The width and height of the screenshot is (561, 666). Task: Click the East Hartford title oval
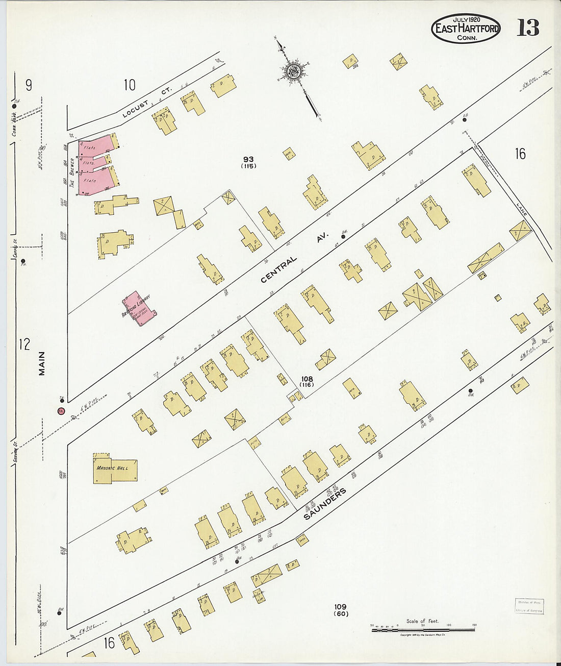(x=466, y=29)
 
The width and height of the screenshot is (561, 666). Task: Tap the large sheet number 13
(x=527, y=28)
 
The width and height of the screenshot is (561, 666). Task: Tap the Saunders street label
(x=325, y=503)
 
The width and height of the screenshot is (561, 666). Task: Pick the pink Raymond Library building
(x=138, y=308)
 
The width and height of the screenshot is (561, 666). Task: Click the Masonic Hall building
(x=114, y=468)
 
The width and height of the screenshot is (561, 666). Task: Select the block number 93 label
(x=249, y=162)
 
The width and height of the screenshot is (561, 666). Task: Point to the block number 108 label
(x=307, y=381)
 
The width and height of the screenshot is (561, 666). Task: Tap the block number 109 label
(x=341, y=609)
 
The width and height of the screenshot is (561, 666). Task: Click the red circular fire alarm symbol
(x=61, y=411)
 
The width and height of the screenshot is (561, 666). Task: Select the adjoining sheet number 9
(x=29, y=85)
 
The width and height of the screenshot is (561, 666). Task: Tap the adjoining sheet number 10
(x=130, y=85)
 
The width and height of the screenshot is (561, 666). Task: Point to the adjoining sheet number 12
(x=24, y=344)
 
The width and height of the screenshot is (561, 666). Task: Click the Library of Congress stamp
(x=529, y=606)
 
